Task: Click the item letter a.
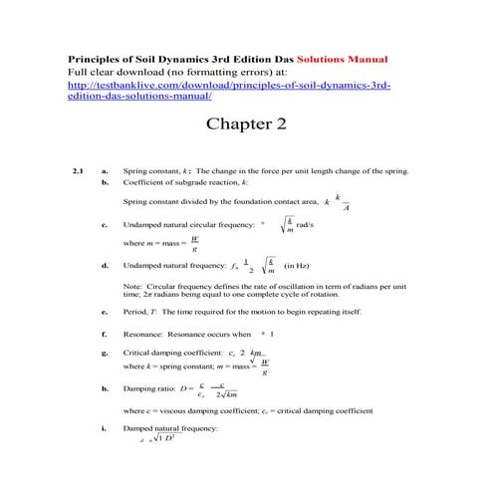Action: [x=105, y=171]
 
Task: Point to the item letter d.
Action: [x=105, y=266]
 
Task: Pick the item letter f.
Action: [x=105, y=334]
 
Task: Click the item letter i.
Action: [x=105, y=426]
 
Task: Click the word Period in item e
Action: [x=135, y=312]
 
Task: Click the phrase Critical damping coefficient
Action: [x=169, y=354]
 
